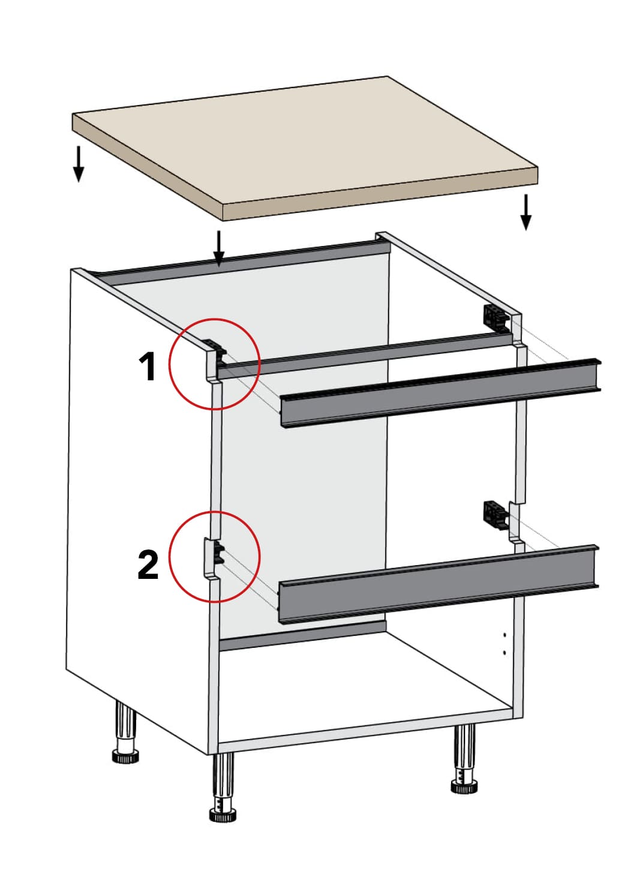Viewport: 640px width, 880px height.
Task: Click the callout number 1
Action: [x=148, y=367]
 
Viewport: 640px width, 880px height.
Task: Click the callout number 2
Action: [x=148, y=565]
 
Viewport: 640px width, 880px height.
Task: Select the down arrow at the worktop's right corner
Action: [x=525, y=212]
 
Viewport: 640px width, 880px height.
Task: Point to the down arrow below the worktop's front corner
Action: [x=219, y=249]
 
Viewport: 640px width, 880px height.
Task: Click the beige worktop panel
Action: [x=305, y=148]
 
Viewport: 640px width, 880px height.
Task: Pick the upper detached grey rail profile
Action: [x=440, y=392]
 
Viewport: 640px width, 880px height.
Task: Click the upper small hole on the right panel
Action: [x=504, y=635]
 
